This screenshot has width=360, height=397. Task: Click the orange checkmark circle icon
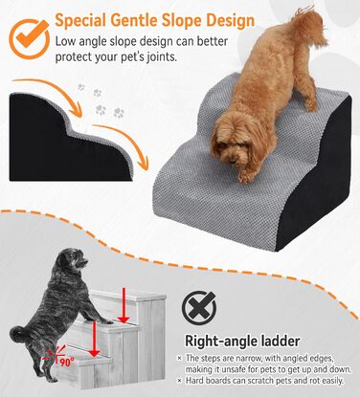coord(29,39)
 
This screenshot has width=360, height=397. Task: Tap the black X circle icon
coord(199,308)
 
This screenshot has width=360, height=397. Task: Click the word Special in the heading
coord(79,20)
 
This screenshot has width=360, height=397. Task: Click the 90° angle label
coord(67,362)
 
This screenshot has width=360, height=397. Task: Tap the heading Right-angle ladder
coord(242,342)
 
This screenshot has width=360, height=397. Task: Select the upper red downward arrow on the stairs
coord(124,304)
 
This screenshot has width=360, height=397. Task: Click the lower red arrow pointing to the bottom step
coord(94,339)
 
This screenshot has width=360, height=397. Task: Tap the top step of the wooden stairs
coord(127,295)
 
